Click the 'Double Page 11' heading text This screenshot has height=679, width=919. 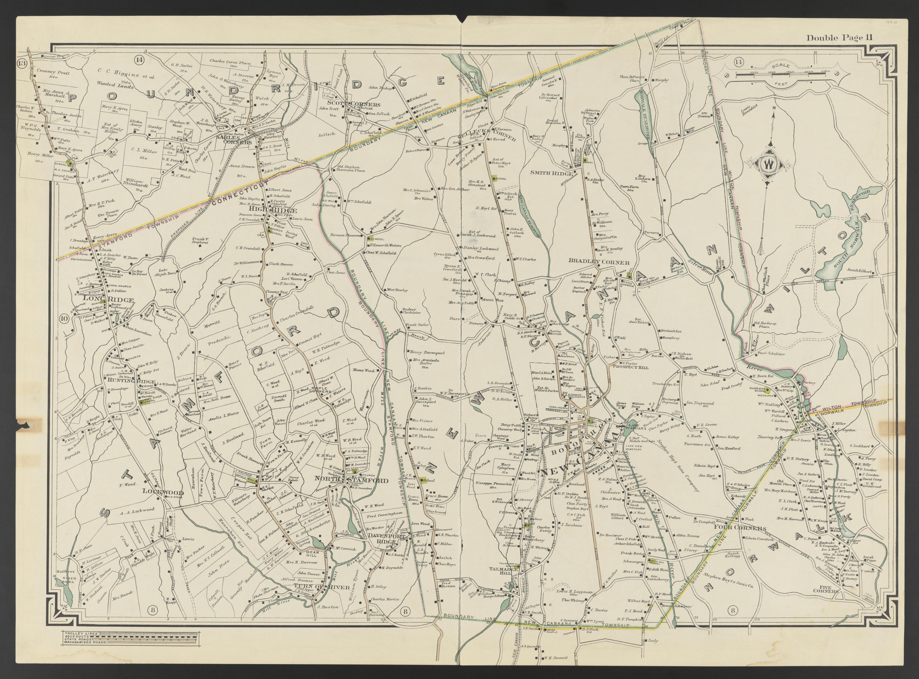[839, 38]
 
